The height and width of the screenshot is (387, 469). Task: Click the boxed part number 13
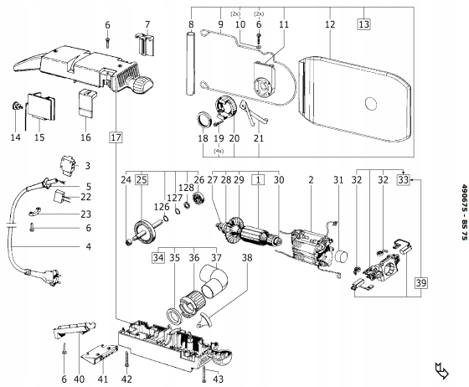(x=364, y=23)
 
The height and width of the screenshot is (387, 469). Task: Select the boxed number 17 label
(x=116, y=137)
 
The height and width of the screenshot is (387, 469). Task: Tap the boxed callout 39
(x=420, y=282)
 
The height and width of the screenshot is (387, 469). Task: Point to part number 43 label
(x=219, y=379)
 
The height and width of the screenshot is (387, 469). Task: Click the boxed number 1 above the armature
(x=259, y=180)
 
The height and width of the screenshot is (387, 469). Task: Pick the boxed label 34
(x=158, y=257)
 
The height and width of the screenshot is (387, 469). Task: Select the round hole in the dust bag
(x=371, y=104)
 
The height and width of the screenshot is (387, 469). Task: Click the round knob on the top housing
(x=143, y=85)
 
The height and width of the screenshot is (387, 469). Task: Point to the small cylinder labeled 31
(x=342, y=256)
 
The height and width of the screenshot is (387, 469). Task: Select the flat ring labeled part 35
(x=173, y=316)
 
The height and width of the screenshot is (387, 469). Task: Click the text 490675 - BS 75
(x=464, y=212)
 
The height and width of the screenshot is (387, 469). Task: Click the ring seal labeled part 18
(x=204, y=119)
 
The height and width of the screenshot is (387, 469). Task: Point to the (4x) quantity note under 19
(x=219, y=151)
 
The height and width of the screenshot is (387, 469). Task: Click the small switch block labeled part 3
(x=68, y=165)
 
